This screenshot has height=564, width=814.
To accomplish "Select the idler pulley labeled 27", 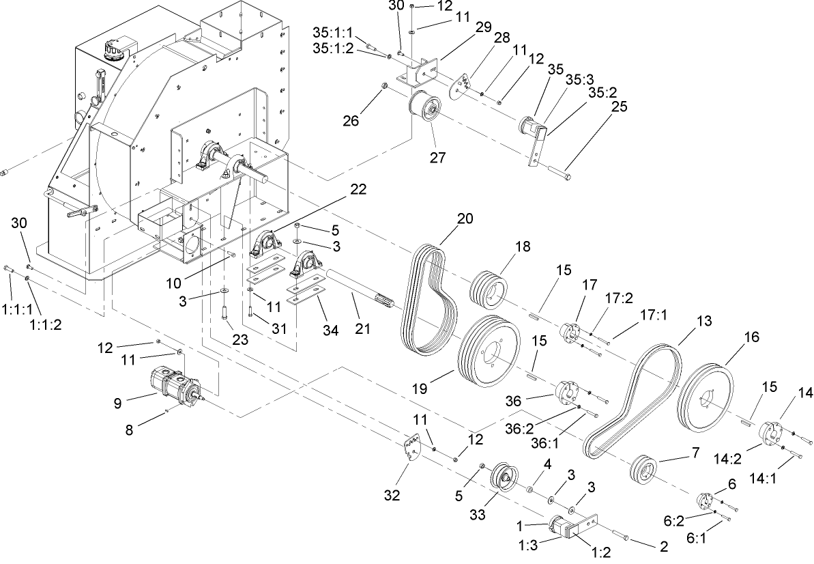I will tap(425, 109).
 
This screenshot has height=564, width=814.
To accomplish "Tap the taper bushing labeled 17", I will tap(570, 333).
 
